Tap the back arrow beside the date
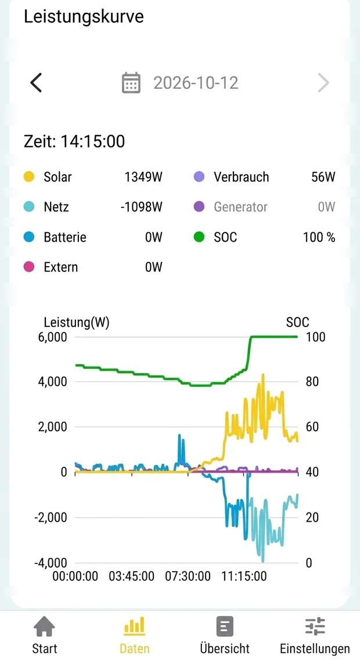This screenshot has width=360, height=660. pos(36,82)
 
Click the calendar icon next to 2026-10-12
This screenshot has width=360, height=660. pos(131,82)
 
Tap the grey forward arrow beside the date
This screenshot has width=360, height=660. pos(323,82)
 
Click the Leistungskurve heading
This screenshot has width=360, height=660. pos(84,16)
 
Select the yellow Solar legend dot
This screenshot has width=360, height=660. pos(28,177)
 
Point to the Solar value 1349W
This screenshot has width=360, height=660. pos(143,177)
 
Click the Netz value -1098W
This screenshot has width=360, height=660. pos(141,207)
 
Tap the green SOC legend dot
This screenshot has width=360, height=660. pos(199,237)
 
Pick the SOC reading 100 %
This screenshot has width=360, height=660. pos(319,237)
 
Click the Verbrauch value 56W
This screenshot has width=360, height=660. pos(323,177)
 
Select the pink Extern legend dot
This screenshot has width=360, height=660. pos(28,267)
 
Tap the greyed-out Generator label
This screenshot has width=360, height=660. pos(240,207)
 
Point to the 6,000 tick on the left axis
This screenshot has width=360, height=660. pos(53,337)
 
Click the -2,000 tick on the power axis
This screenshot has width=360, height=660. pos(51,517)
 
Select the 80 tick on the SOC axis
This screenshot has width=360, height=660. pos(312,382)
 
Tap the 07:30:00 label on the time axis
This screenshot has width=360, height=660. pos(188,576)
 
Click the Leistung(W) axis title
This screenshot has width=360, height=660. pos(77,322)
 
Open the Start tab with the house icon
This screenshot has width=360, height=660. pos(45,635)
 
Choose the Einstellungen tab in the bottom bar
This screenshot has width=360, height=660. pos(315,635)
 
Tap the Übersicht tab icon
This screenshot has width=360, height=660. pos(225,626)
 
